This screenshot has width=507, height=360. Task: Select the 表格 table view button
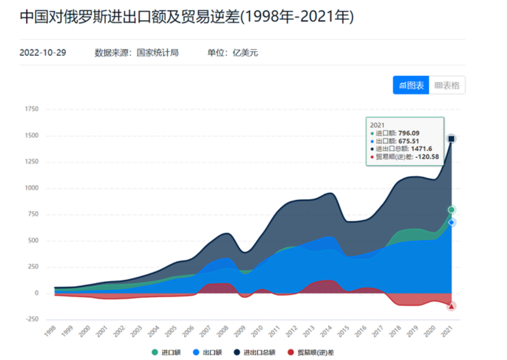pyautogui.click(x=447, y=86)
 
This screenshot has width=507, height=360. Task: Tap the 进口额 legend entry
pyautogui.click(x=167, y=352)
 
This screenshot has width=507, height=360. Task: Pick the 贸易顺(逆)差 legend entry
pyautogui.click(x=311, y=352)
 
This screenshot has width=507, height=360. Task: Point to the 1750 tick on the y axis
pyautogui.click(x=32, y=109)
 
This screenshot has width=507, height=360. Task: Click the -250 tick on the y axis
pyautogui.click(x=32, y=319)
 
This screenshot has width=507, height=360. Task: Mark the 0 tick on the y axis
pyautogui.click(x=36, y=293)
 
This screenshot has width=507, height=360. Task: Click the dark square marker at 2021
pyautogui.click(x=451, y=139)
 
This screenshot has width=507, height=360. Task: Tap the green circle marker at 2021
pyautogui.click(x=451, y=210)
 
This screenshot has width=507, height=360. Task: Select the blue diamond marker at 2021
pyautogui.click(x=451, y=223)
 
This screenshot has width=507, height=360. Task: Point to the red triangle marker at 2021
pyautogui.click(x=451, y=306)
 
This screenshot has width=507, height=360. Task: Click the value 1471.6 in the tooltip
pyautogui.click(x=421, y=148)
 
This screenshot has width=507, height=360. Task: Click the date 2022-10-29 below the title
pyautogui.click(x=43, y=53)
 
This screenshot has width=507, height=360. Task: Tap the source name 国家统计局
pyautogui.click(x=158, y=53)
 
